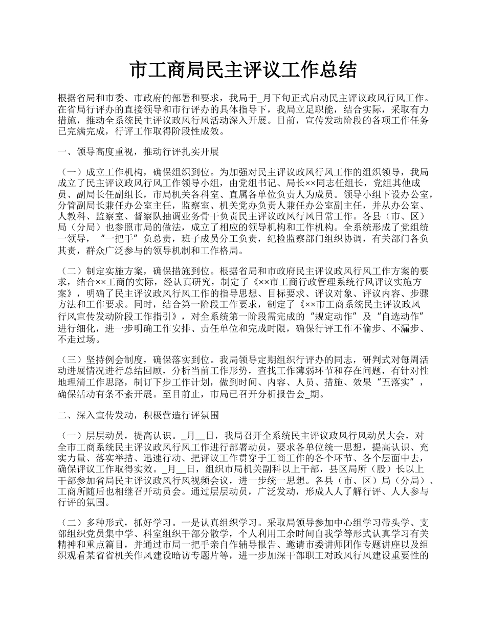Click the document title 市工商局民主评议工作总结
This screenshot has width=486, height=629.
pos(243,70)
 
